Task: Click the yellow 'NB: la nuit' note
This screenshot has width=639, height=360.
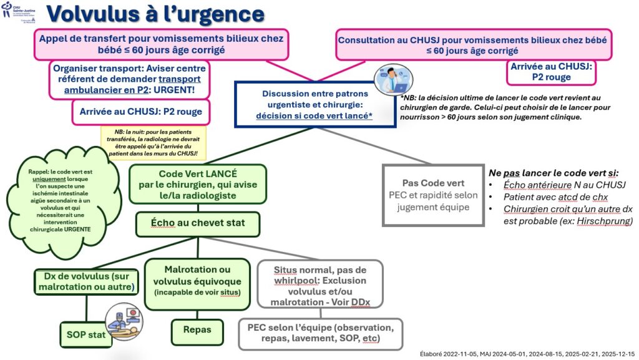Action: pos(154,143)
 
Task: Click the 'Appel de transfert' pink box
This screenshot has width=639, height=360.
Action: pos(161,44)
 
